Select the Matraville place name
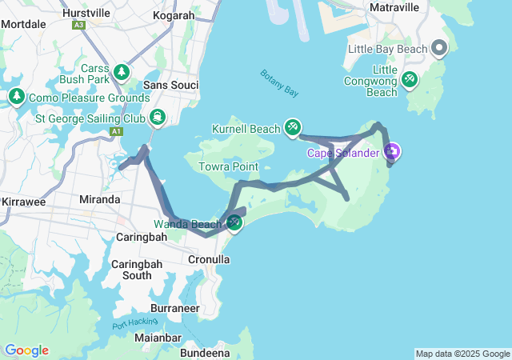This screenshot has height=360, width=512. (x=394, y=7)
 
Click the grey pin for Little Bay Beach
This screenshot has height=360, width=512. (x=439, y=49)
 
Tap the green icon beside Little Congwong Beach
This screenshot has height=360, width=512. (x=410, y=79)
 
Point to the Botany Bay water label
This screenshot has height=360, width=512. (x=279, y=83)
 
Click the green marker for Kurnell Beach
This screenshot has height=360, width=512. (x=293, y=127)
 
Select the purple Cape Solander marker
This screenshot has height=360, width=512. (x=392, y=151)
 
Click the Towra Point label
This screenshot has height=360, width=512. (x=228, y=166)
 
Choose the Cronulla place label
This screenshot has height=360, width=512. (x=208, y=259)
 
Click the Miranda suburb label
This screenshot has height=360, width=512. (x=100, y=199)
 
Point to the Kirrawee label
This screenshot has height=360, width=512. (x=23, y=202)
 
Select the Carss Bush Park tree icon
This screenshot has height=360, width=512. (x=122, y=72)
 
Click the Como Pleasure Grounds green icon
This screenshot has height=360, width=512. (x=17, y=97)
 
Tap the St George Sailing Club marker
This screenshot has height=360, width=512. (x=158, y=118)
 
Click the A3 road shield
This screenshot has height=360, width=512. (x=78, y=26)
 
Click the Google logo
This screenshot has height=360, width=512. (x=26, y=350)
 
